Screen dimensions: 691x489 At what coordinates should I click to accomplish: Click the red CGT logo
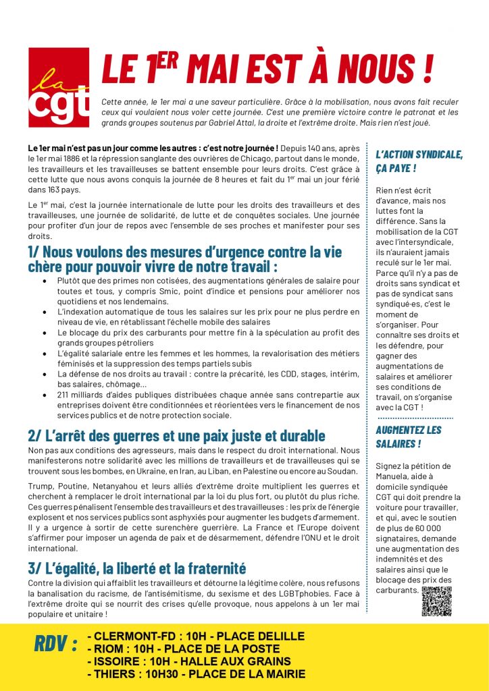pos(59,88)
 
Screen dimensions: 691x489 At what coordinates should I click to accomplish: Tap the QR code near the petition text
pos(436,601)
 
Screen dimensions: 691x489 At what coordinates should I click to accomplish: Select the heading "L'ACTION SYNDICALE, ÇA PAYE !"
pos(419,161)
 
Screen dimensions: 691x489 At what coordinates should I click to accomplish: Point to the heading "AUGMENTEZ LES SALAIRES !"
pos(409,437)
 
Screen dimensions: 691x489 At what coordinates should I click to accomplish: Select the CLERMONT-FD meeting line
pos(196,636)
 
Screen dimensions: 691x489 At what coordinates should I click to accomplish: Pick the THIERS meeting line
pos(197,673)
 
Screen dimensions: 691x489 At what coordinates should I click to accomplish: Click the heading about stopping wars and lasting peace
pos(177,435)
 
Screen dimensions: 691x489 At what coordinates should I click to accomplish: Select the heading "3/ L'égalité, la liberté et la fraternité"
pos(137,568)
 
